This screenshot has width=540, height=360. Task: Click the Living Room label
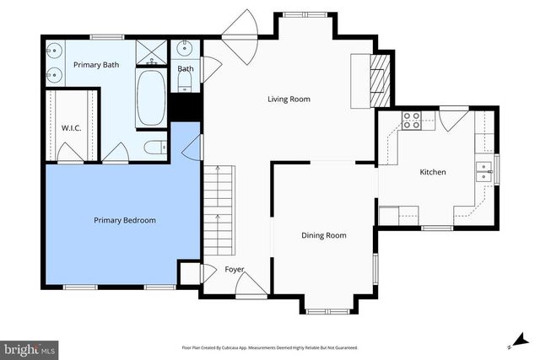[289, 99]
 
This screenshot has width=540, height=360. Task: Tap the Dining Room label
[324, 235]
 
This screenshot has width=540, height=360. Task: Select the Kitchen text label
[433, 172]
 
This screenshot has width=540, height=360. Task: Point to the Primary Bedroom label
[124, 220]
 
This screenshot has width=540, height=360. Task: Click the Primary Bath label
[95, 65]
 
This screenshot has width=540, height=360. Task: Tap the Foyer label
[234, 270]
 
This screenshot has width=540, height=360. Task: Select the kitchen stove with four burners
[412, 121]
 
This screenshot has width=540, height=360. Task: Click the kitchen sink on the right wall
[485, 171]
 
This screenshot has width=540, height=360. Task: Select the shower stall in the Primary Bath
[153, 52]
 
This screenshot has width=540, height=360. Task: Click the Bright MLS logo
[30, 348]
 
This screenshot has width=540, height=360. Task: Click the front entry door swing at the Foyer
[251, 286]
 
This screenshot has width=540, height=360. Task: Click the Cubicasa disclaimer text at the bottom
[269, 347]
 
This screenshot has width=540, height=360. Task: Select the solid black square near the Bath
[185, 108]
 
